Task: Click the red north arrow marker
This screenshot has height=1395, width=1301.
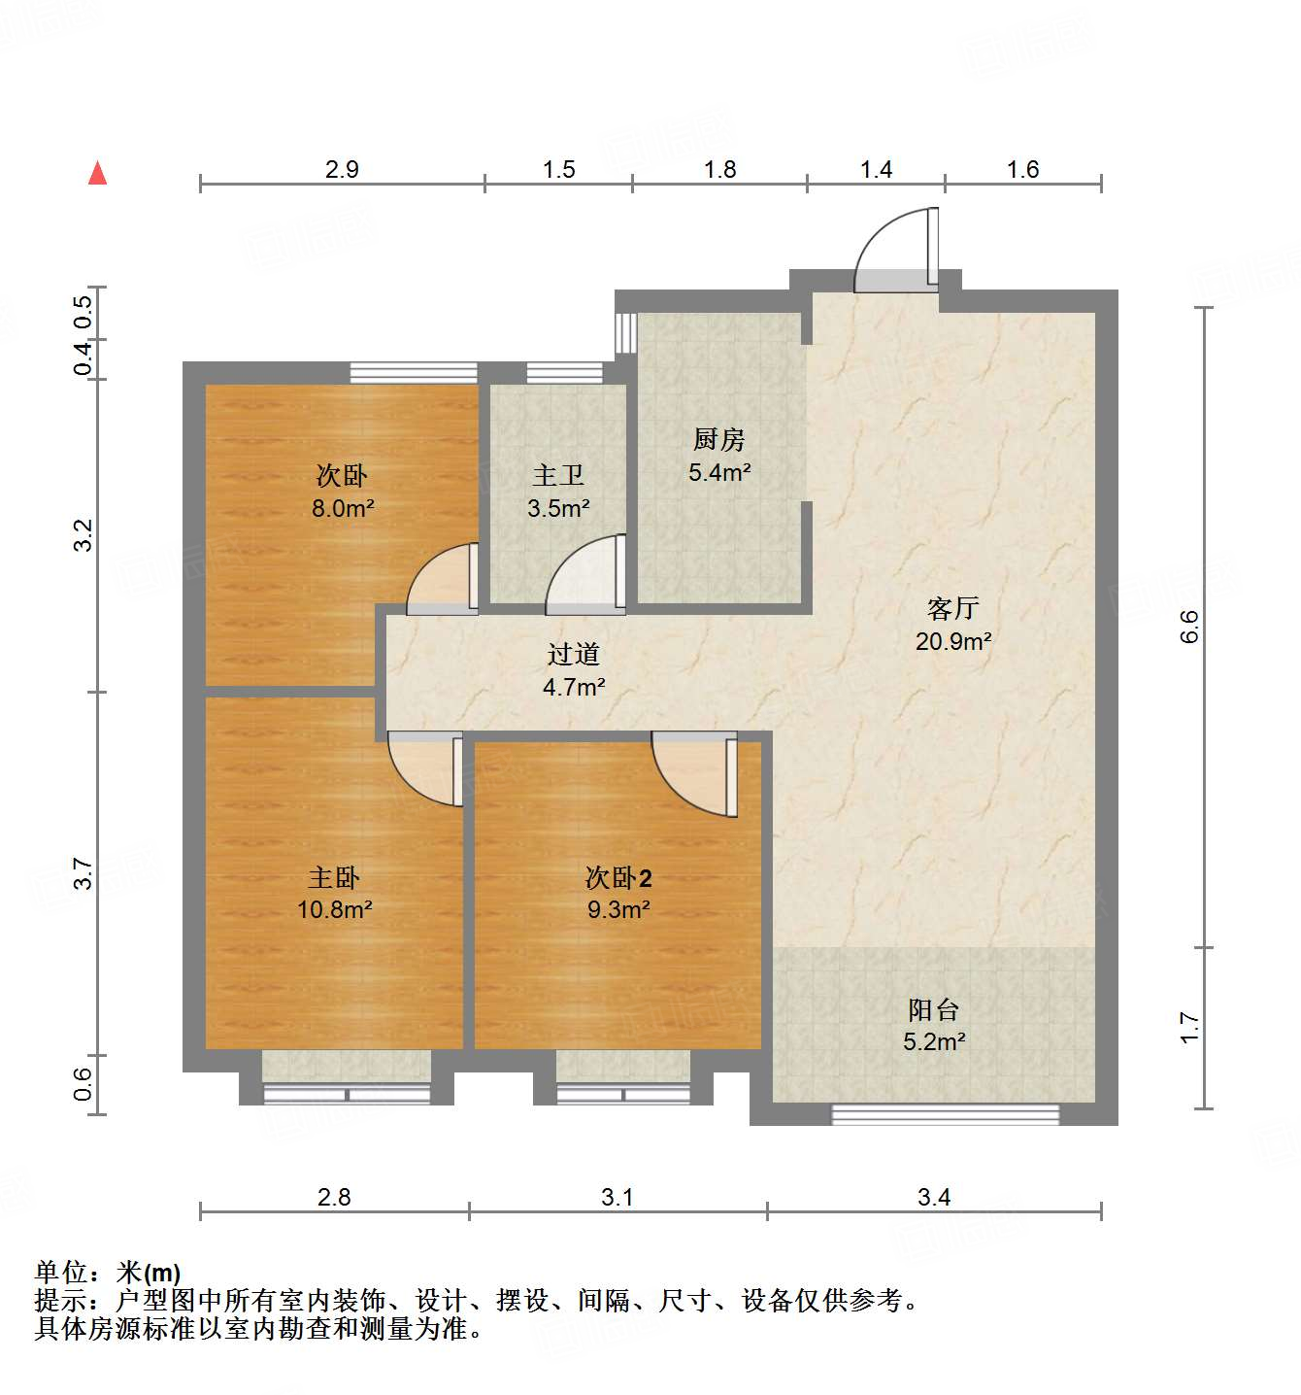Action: tap(97, 173)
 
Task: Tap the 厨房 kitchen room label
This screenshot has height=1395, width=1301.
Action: tap(718, 440)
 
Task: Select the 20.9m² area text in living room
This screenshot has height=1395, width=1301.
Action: tap(952, 641)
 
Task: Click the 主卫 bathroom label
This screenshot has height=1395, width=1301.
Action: tap(558, 476)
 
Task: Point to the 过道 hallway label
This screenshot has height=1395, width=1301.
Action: tap(573, 655)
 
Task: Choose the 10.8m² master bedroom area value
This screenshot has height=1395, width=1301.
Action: tap(334, 910)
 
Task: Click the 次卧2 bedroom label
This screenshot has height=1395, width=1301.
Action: tap(617, 878)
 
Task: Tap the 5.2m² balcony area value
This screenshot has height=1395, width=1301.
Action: tap(933, 1042)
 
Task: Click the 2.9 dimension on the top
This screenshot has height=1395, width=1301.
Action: tap(342, 170)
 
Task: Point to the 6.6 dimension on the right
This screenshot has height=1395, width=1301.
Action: tap(1189, 627)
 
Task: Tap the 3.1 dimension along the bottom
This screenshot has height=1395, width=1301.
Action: tap(617, 1197)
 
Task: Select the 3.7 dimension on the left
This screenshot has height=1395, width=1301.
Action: tap(83, 873)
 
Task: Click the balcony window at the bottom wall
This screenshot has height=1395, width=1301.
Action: tap(945, 1114)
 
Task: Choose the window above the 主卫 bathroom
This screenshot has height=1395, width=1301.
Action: tap(564, 372)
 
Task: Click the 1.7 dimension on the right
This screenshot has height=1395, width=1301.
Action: tap(1189, 1028)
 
